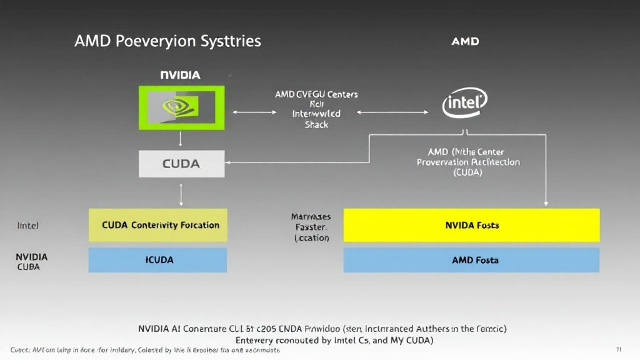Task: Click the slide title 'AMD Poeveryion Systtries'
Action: click(167, 42)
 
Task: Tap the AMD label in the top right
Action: click(465, 41)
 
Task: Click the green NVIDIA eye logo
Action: click(181, 107)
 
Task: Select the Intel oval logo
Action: click(464, 103)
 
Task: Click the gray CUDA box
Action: click(181, 164)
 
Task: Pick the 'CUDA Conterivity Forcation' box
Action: click(158, 225)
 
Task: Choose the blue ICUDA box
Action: click(158, 260)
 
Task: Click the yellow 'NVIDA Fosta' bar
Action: click(472, 225)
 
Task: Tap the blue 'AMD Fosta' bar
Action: click(472, 260)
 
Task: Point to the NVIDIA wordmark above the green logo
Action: click(180, 75)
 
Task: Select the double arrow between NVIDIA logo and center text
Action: click(254, 112)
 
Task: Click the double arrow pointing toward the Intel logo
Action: click(392, 112)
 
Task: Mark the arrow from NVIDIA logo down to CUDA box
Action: click(181, 139)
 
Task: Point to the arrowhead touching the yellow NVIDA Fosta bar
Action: click(546, 203)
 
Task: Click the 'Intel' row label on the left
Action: click(27, 225)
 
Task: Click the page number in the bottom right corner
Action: click(618, 349)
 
